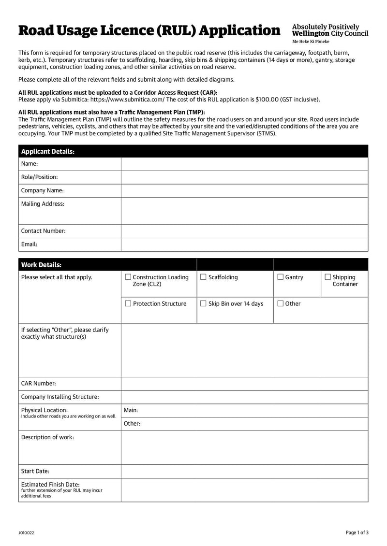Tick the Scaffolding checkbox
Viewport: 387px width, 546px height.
click(203, 277)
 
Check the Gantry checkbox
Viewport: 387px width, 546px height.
click(281, 277)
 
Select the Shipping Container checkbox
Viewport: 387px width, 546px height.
click(327, 277)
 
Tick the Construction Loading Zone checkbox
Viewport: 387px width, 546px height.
click(128, 277)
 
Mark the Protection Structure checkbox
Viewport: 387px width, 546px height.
click(128, 303)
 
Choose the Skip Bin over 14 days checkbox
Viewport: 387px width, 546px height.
click(203, 303)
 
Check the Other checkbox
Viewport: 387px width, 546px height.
click(281, 303)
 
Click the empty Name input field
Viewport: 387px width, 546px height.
click(244, 164)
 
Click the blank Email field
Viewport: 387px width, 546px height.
click(244, 244)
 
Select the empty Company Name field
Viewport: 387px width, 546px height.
click(244, 190)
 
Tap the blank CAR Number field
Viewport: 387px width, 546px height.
click(244, 383)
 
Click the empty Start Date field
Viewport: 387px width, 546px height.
click(244, 471)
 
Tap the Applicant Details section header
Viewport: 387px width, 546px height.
click(48, 151)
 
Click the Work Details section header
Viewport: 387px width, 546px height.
click(41, 265)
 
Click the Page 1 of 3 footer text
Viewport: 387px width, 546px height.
click(357, 532)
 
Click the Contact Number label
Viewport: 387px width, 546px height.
click(44, 231)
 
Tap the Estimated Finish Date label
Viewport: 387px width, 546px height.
click(50, 484)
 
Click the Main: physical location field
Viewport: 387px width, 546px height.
click(244, 410)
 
